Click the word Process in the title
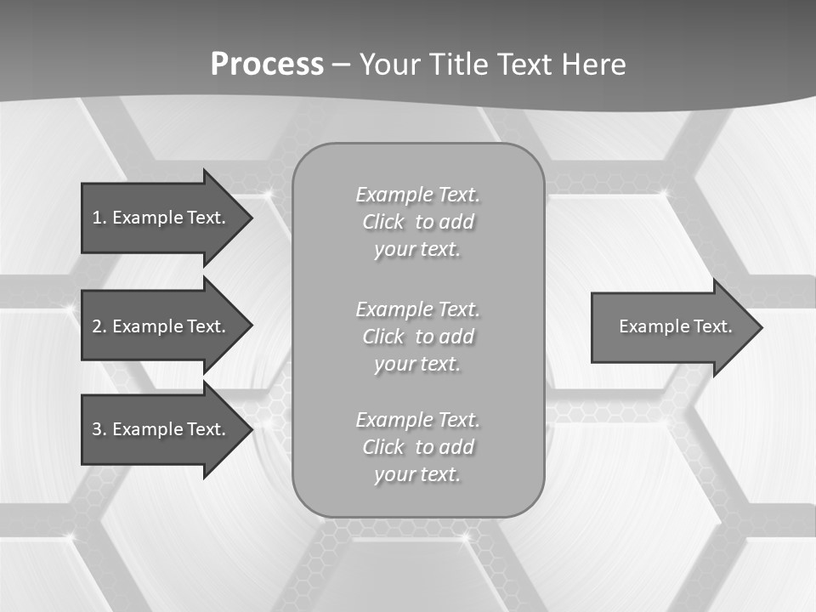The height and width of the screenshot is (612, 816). [x=267, y=65]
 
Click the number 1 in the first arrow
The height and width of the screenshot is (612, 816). [x=96, y=218]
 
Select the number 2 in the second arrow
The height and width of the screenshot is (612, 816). [x=96, y=326]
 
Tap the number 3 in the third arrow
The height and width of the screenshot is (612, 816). [x=96, y=429]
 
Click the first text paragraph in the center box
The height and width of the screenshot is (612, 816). [x=417, y=222]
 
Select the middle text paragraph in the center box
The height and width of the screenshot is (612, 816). [x=417, y=337]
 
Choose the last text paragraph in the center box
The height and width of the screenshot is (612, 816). [x=417, y=447]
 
